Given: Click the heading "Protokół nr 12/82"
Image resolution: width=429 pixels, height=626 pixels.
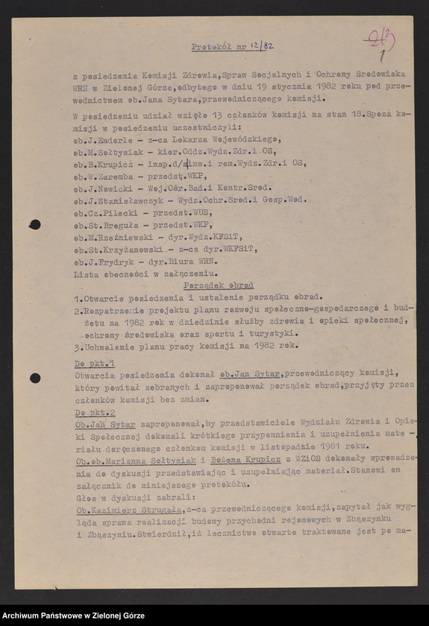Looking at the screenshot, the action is [x=232, y=46].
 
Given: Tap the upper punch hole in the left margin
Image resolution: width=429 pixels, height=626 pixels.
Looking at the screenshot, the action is [x=35, y=224].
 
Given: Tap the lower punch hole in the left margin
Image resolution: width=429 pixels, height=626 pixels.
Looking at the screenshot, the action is [x=35, y=378].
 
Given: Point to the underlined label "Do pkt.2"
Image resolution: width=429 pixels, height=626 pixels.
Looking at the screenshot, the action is [x=95, y=412].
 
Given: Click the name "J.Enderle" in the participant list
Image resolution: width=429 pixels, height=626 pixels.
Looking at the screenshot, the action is [x=110, y=139].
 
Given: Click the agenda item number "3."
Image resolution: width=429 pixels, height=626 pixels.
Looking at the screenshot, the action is [x=78, y=346].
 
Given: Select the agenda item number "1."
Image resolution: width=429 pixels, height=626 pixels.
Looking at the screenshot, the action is [x=78, y=297].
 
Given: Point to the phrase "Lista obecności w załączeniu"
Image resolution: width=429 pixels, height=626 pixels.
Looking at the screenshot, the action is [x=134, y=274].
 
